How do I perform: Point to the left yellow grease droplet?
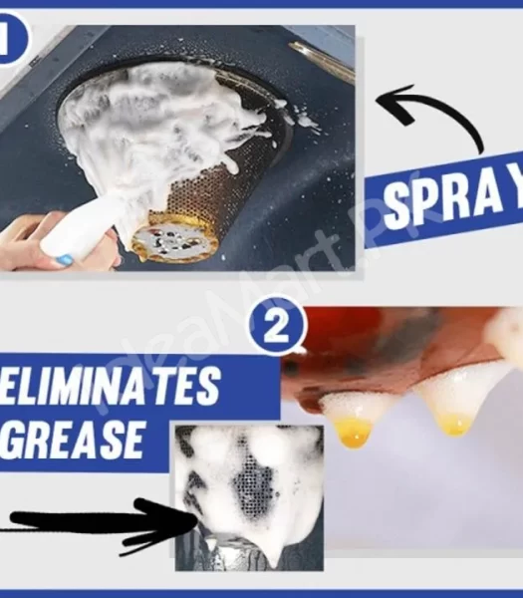[x=355, y=431]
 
